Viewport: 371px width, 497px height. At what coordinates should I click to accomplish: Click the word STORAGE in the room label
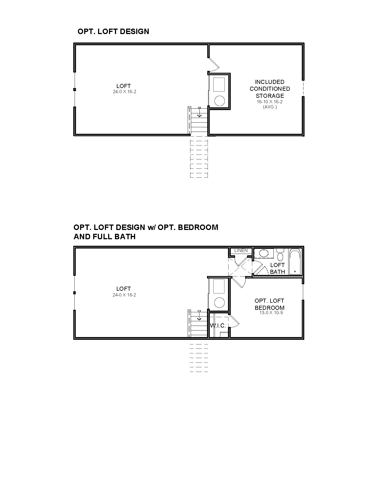[x=270, y=96]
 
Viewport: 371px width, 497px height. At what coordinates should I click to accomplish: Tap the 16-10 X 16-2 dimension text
[x=270, y=102]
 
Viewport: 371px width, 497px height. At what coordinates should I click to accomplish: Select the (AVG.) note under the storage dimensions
[x=270, y=107]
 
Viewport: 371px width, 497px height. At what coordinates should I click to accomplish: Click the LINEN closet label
[x=241, y=250]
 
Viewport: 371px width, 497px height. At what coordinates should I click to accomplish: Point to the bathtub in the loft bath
[x=295, y=261]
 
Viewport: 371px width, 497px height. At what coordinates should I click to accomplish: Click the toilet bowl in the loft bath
[x=280, y=256]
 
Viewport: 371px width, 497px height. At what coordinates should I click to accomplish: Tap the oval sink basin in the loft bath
[x=264, y=253]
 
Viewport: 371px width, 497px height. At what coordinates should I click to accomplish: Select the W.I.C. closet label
[x=218, y=325]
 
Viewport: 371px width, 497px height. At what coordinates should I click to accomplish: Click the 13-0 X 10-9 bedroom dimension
[x=271, y=313]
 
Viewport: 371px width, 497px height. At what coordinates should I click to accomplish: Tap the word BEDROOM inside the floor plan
[x=270, y=308]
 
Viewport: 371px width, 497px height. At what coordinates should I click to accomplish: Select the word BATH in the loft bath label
[x=277, y=272]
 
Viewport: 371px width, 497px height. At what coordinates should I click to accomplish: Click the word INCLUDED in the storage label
[x=270, y=82]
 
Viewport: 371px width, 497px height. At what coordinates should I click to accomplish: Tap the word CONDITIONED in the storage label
[x=270, y=89]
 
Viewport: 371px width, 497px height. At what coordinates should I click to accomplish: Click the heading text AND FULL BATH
[x=105, y=237]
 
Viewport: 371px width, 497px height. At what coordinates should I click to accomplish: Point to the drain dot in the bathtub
[x=295, y=271]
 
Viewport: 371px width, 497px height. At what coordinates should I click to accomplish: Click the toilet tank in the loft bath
[x=280, y=250]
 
